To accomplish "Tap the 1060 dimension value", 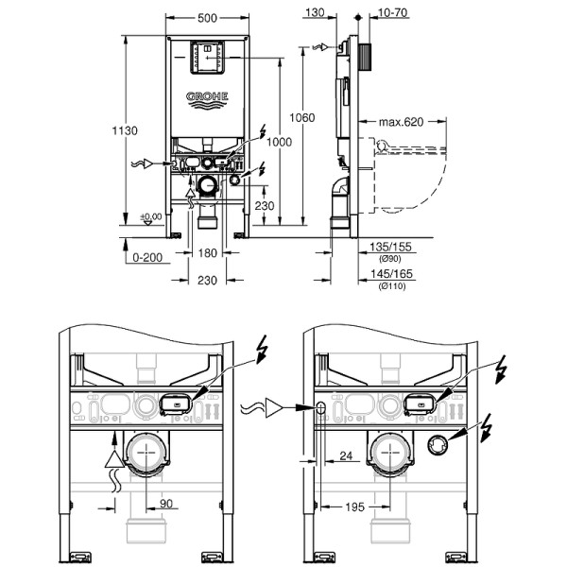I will click(x=301, y=118).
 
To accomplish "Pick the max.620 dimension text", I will click(x=400, y=122).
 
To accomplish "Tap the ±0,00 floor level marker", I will click(x=151, y=216).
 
